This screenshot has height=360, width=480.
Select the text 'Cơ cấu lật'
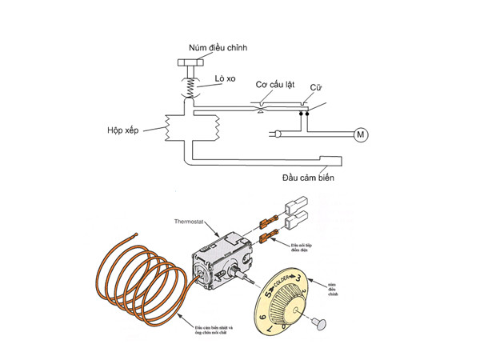point(275,84)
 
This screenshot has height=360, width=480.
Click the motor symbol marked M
point(359,134)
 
